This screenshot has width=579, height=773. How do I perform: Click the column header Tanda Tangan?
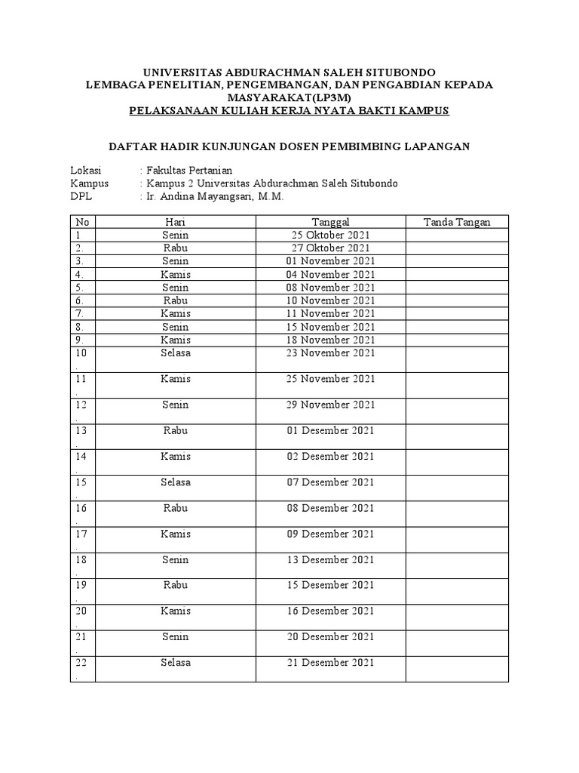pos(457,222)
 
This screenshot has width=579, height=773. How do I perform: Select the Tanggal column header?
pos(330,222)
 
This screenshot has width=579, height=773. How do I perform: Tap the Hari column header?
pos(176,222)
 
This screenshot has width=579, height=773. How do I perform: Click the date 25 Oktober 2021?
pos(330,235)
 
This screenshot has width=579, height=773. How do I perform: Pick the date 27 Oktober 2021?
pos(330,248)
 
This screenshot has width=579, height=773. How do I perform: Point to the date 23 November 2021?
pos(330,353)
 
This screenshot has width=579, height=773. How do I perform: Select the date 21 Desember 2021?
pos(330,663)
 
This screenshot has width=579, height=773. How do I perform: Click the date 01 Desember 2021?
pos(330,430)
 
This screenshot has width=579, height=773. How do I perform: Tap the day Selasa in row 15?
pos(176,482)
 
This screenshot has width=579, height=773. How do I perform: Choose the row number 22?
pos(81,663)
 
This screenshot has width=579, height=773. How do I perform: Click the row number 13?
pos(81,430)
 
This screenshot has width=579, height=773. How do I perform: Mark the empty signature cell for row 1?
pos(457,235)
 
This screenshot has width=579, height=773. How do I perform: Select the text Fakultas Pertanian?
pos(188,170)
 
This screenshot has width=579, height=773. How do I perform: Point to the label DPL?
pos(81,196)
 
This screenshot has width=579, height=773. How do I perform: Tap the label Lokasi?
pos(85,170)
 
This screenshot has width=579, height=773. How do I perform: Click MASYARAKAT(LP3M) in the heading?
pos(289,98)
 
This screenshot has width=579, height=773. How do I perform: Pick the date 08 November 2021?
pos(330,287)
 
